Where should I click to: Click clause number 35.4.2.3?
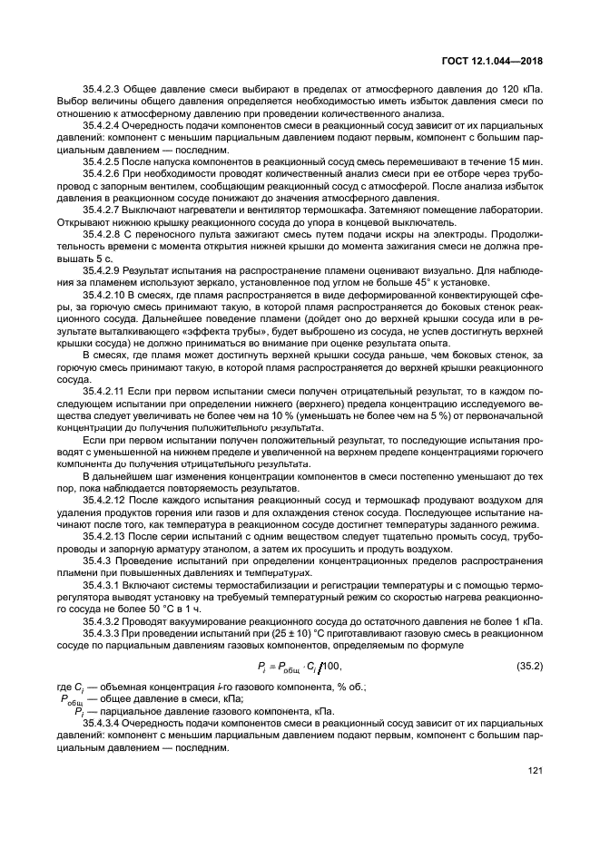point(105,93)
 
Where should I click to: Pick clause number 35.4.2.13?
point(108,537)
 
